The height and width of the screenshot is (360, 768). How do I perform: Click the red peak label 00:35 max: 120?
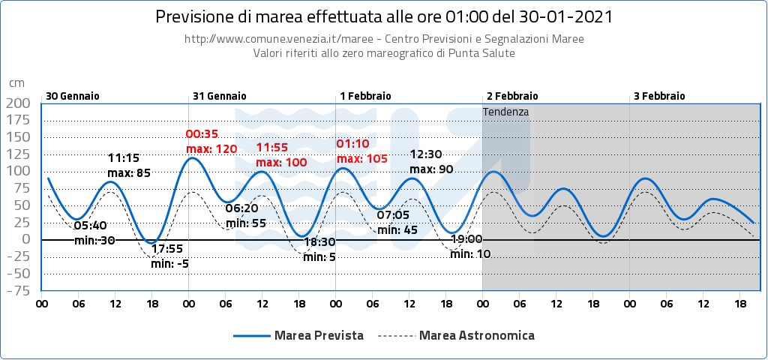pyautogui.click(x=211, y=142)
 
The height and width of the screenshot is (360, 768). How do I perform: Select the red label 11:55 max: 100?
pyautogui.click(x=281, y=155)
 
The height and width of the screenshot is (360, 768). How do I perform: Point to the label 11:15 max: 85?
pyautogui.click(x=129, y=166)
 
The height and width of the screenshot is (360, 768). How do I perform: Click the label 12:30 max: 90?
pyautogui.click(x=431, y=161)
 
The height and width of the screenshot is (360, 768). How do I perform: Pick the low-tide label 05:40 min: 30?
pyautogui.click(x=94, y=232)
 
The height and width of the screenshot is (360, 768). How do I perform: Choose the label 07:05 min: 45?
pyautogui.click(x=397, y=223)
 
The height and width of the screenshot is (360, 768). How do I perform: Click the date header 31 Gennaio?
pyautogui.click(x=219, y=96)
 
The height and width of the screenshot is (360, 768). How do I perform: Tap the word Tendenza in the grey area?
pyautogui.click(x=506, y=112)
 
